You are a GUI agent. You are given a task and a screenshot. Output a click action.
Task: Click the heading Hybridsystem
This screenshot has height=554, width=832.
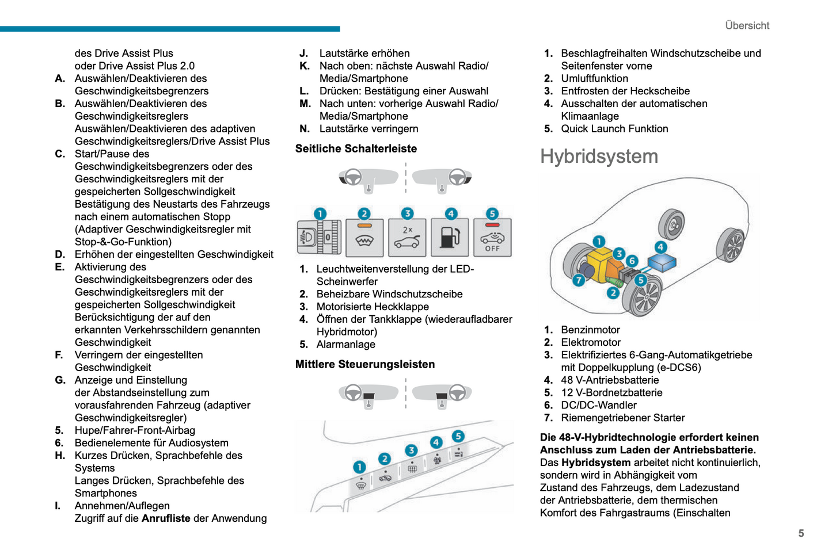click(599, 156)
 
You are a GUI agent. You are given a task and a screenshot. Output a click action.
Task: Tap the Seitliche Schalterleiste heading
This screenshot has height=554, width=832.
click(356, 148)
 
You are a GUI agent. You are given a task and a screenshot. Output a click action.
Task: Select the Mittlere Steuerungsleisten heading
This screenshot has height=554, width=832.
click(364, 364)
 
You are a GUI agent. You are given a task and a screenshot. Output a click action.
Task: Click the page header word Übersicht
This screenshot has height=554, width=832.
click(747, 25)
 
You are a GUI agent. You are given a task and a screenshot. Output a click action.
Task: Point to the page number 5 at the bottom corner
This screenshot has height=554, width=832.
click(801, 533)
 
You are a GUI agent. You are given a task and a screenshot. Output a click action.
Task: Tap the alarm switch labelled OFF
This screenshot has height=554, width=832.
click(492, 237)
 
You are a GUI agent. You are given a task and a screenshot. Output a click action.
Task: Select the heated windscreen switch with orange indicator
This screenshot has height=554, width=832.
click(364, 237)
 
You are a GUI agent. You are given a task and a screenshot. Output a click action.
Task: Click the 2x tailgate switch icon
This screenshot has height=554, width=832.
click(407, 237)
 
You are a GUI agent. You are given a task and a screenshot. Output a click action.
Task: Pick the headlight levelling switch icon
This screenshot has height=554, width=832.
click(318, 237)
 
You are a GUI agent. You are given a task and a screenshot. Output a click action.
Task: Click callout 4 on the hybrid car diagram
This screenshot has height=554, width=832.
click(660, 247)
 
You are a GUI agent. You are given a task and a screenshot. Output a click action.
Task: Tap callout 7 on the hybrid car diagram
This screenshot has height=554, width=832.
click(579, 280)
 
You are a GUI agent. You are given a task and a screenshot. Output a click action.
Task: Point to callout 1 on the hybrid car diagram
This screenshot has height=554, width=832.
click(599, 242)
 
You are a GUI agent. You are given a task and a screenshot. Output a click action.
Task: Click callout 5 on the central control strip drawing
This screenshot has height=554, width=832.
click(458, 436)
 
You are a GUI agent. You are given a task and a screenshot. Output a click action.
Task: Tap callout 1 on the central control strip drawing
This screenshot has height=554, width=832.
click(359, 467)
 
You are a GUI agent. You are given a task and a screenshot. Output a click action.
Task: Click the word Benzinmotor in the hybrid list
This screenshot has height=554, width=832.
click(590, 330)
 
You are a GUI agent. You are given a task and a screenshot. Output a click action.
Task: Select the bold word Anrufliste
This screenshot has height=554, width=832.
click(166, 518)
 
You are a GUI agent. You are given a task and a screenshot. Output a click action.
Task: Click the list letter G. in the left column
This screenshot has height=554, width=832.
click(60, 380)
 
